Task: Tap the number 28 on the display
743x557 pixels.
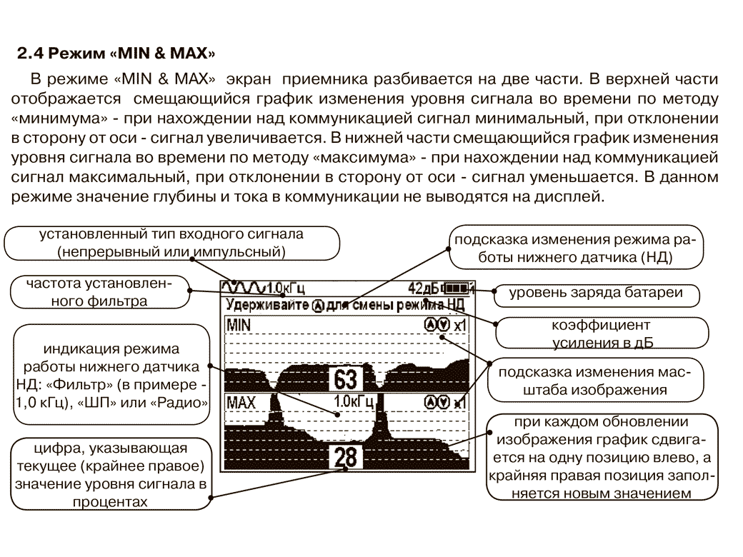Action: pyautogui.click(x=345, y=458)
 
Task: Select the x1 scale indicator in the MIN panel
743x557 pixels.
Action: pyautogui.click(x=460, y=326)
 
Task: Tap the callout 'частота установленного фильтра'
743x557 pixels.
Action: pyautogui.click(x=99, y=292)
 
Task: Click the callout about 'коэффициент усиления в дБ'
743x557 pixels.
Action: pyautogui.click(x=602, y=333)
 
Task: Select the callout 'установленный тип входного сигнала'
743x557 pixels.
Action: pyautogui.click(x=171, y=243)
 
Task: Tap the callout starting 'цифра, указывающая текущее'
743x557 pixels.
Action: pyautogui.click(x=110, y=475)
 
